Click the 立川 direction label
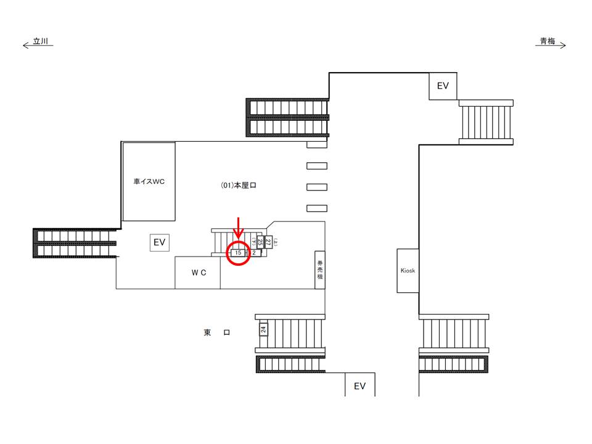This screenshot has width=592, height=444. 40,42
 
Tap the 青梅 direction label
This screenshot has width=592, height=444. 548,42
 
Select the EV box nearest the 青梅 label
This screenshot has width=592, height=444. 443,86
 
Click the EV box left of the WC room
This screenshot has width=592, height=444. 160,243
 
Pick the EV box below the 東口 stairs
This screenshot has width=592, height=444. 360,386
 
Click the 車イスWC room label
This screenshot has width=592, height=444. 149,183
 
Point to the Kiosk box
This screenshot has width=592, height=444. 408,270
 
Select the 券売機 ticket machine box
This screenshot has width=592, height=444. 320,269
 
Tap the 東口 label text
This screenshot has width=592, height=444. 217,333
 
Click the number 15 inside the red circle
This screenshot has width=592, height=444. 238,252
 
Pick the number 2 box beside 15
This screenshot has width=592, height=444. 254,252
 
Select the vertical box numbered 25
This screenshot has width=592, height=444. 260,242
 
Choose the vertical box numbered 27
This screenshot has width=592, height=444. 268,242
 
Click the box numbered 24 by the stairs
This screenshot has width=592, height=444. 263,329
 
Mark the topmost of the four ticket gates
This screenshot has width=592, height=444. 317,145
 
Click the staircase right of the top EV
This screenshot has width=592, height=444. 486,122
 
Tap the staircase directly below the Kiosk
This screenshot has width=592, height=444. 454,336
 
